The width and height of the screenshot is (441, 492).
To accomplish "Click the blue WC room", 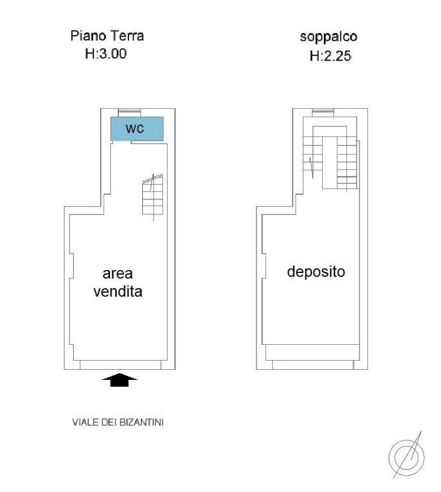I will coord(136,129).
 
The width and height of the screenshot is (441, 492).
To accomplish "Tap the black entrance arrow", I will coord(119,380).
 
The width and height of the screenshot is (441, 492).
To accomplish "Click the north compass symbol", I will coord(406,456).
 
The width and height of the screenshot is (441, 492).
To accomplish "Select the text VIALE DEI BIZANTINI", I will coord(118,422).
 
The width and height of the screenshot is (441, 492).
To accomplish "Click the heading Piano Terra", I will coord(107,36).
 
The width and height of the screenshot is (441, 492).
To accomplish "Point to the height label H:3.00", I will coord(105,54).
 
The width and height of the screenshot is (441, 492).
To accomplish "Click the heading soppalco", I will coord(328,37).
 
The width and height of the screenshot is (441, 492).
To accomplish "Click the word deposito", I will coord(316,272).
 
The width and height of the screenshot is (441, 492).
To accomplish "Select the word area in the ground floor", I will coord(118,274).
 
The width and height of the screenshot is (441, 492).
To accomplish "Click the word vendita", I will coord(118,292).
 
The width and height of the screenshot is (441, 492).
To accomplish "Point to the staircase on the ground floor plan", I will coord(153,195).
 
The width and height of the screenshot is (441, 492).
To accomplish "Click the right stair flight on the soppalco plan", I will coord(347,161).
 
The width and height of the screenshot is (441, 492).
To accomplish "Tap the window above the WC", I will coord(129,112).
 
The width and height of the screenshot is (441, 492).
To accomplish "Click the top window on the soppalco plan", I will coord(323,112).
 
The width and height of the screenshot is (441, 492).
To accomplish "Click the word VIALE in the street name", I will coord(83,422).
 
